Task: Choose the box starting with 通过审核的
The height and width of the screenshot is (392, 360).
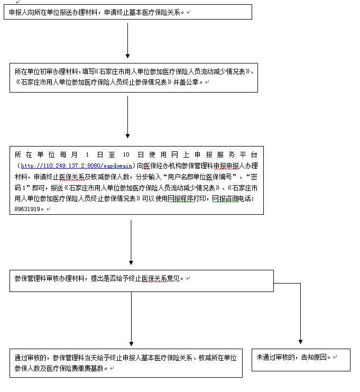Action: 126,362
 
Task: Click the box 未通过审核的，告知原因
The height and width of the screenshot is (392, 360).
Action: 301,359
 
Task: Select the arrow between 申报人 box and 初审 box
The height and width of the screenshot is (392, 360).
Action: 127,40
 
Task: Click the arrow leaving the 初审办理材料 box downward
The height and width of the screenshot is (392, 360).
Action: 127,116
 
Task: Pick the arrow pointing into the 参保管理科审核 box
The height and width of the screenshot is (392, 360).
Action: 131,241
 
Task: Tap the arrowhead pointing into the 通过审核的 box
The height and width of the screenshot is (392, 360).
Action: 131,344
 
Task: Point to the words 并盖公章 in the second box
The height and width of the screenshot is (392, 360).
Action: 188,82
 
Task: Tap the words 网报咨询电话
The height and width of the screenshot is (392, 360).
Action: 233,198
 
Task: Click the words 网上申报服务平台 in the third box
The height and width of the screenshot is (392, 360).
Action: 211,155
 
